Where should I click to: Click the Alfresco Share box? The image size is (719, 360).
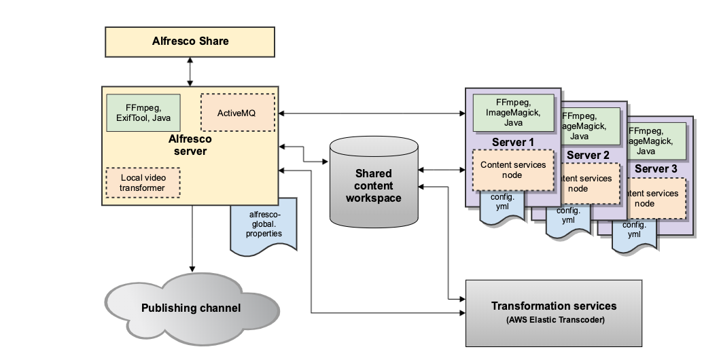[x=190, y=41]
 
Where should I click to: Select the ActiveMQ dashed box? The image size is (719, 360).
[x=238, y=112]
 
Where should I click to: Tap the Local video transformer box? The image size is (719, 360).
[x=143, y=183]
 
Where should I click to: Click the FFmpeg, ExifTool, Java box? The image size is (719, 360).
[x=143, y=113]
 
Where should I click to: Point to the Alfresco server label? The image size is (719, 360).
[x=190, y=145]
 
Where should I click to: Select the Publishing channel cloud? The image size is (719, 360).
[x=191, y=308]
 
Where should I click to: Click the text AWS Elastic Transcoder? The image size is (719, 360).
[x=554, y=320]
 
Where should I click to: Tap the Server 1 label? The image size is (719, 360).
[x=512, y=143]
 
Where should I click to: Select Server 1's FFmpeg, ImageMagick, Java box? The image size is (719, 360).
[x=513, y=113]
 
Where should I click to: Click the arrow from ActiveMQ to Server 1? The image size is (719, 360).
[x=370, y=113]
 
